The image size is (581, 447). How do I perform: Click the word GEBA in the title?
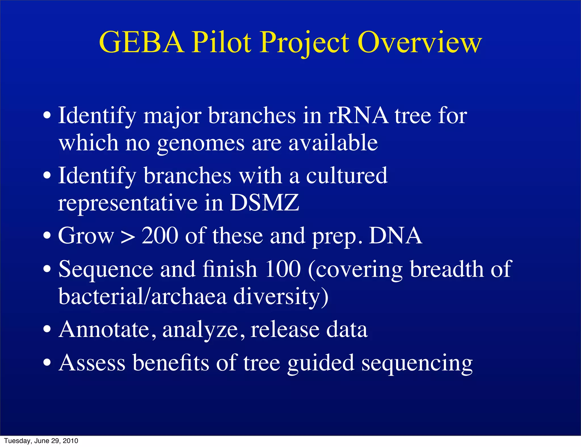coord(141,43)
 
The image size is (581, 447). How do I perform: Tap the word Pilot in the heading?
coord(222,43)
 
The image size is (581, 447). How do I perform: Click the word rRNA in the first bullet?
coord(358,116)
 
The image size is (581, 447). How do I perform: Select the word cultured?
coord(347,176)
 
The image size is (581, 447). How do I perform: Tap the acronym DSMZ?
coord(264,203)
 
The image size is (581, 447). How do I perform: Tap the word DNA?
coord(395,236)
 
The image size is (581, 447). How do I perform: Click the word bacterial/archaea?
coord(142,296)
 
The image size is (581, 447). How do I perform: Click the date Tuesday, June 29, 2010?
coord(41,441)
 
